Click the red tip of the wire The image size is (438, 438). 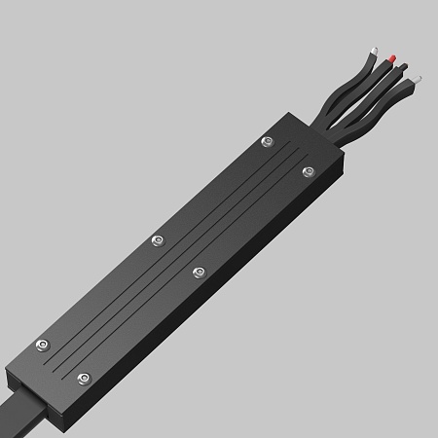391,57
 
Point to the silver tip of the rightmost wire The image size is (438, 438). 416,78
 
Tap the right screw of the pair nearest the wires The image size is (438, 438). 309,171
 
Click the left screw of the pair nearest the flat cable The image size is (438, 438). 41,345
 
